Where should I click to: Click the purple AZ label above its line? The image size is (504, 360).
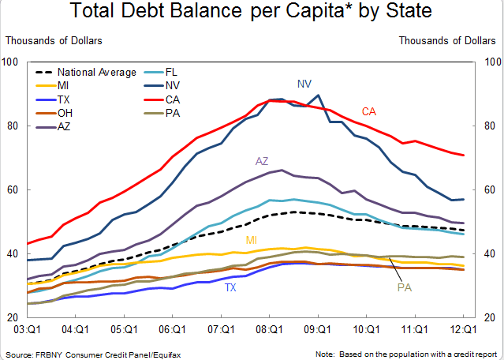262,161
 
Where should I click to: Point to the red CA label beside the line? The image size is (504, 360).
368,111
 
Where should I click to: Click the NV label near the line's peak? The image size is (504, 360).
304,83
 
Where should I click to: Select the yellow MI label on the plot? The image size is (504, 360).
251,240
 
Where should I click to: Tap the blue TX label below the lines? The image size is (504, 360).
230,288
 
